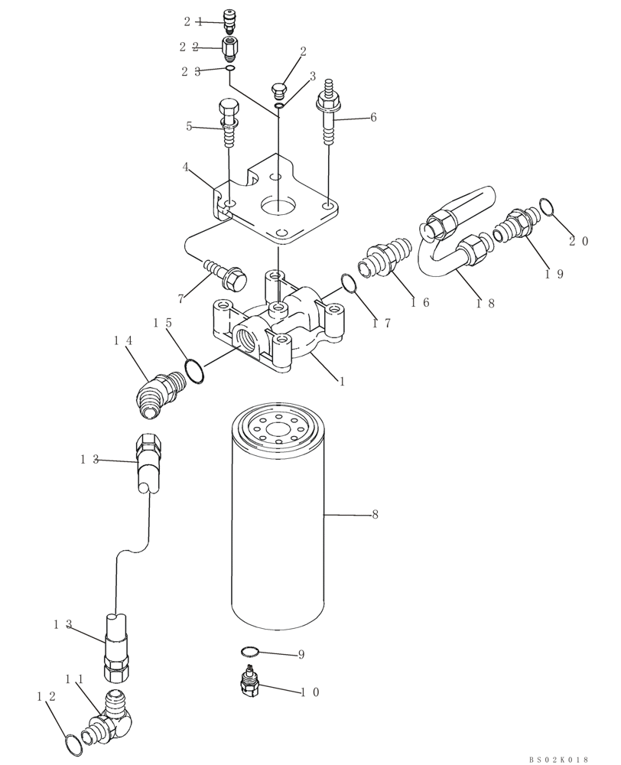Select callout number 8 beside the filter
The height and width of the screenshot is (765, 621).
coord(375,515)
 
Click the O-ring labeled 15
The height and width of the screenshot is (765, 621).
coord(194,371)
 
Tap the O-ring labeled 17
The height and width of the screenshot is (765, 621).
coord(349,284)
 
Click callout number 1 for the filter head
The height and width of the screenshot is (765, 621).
coord(342,380)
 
